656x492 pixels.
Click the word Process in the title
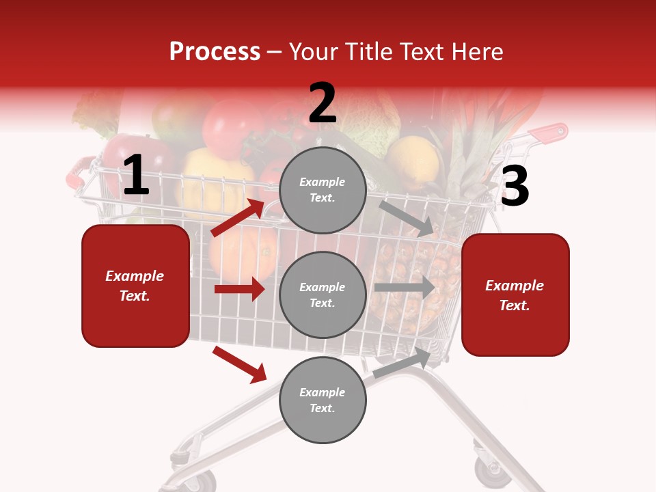point(215,52)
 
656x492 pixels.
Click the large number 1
point(136,176)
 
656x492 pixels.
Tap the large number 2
point(323,104)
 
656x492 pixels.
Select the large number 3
point(515,187)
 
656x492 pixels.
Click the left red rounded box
point(135,286)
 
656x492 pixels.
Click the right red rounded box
point(515,295)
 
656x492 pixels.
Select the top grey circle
point(323,190)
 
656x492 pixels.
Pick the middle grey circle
point(323,295)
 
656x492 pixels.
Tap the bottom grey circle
point(323,400)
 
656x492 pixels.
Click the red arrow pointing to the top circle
point(238,217)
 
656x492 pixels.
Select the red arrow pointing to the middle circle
point(239,289)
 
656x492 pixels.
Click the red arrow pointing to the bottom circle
point(239,364)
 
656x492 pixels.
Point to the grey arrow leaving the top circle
point(407,218)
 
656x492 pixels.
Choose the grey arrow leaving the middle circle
point(404,287)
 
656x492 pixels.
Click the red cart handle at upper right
point(551,133)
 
